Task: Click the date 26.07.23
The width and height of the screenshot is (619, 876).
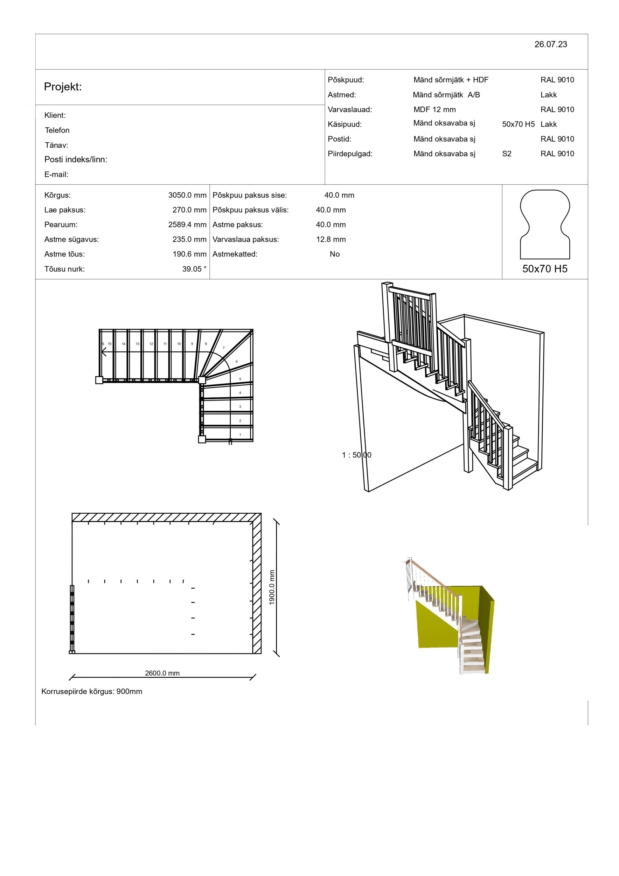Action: point(550,44)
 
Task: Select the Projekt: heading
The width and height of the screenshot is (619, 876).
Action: point(63,87)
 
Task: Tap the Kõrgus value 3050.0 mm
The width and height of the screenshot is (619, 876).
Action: point(187,195)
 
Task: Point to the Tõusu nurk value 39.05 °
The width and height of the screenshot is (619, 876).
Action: point(194,269)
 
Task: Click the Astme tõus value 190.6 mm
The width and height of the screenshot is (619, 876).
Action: point(189,254)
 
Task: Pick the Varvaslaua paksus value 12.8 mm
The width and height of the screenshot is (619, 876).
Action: point(331,240)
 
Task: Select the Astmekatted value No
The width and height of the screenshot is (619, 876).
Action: point(335,254)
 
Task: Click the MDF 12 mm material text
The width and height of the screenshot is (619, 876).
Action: point(434,109)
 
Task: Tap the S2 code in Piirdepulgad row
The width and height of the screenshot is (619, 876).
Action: point(507,154)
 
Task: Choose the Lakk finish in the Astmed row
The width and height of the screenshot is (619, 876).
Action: point(549,95)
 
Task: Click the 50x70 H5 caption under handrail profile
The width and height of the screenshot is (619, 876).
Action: point(545,269)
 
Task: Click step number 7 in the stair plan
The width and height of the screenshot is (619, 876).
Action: point(224,348)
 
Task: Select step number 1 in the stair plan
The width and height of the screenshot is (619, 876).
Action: point(240,434)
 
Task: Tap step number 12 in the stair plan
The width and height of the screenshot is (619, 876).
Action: point(151,344)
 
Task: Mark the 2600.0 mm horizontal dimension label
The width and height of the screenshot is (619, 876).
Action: point(162,673)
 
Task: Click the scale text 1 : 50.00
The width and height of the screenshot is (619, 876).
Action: point(356,455)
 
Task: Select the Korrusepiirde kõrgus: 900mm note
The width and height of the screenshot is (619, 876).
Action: point(91,691)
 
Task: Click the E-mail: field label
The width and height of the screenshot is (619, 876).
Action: point(56,175)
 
